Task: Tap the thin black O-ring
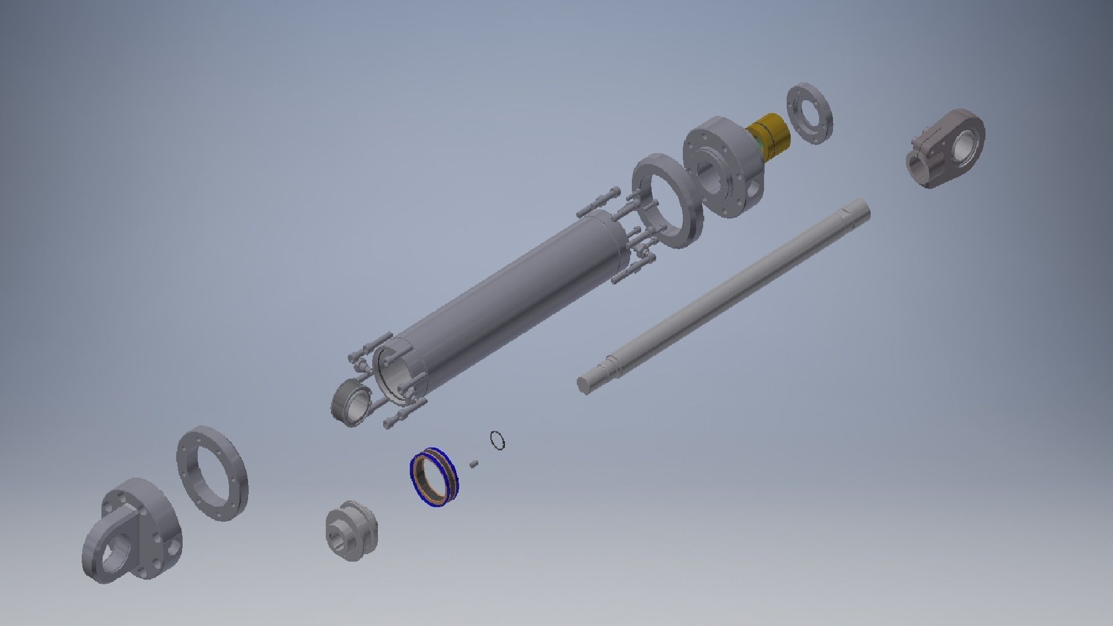(497, 440)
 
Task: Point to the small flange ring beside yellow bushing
(810, 114)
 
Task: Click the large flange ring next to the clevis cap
(212, 473)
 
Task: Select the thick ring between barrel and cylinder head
(667, 201)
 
